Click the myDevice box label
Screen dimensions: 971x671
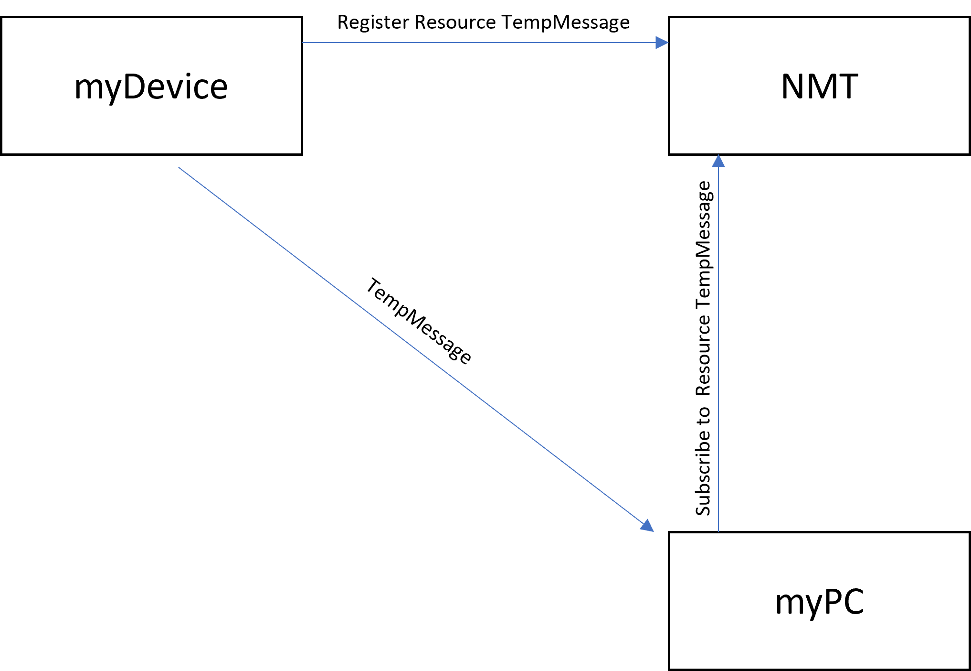(x=151, y=87)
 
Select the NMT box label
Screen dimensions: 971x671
(x=820, y=87)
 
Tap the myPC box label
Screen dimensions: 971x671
(x=820, y=602)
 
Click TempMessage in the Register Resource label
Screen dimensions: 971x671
(x=566, y=23)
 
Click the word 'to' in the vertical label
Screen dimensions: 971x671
(x=703, y=415)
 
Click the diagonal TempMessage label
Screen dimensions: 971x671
(x=419, y=321)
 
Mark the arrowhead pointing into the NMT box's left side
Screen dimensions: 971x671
(x=662, y=43)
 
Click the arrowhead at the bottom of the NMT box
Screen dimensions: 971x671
(x=718, y=161)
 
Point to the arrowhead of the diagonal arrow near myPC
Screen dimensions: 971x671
(x=647, y=526)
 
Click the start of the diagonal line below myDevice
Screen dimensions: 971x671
(x=179, y=167)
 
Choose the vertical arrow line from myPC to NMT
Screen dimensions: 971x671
(x=718, y=343)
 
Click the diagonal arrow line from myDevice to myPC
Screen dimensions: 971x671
(x=416, y=349)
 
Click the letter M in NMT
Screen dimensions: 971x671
(x=820, y=87)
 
